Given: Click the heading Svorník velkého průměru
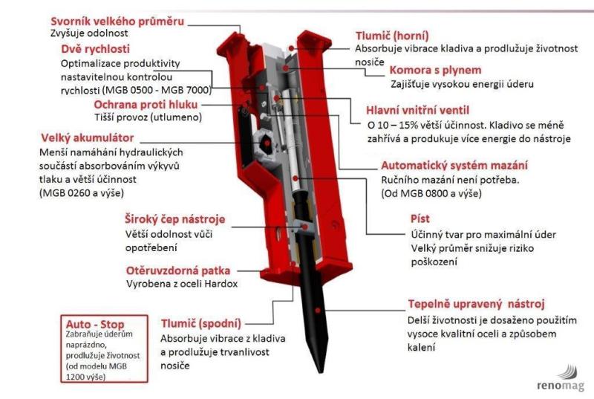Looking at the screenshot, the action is [x=117, y=22].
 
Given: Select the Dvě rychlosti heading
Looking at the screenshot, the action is [x=96, y=48].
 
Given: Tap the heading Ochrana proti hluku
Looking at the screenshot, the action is [x=146, y=104].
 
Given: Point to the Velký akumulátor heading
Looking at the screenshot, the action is [x=88, y=137].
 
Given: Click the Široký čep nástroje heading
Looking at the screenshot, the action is [x=175, y=219].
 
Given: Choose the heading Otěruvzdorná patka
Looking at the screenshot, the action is [x=178, y=270].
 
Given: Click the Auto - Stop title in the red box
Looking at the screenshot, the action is [x=95, y=325].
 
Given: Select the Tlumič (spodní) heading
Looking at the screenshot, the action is [x=201, y=324].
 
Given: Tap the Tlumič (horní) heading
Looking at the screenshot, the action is [x=392, y=36].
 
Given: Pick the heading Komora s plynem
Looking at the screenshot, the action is [x=436, y=70].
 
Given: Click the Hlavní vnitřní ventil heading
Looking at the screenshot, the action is [x=417, y=110].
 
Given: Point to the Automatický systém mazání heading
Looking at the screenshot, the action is [x=454, y=165].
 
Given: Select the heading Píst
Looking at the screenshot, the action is [x=420, y=218].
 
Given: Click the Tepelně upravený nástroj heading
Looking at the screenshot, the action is [x=476, y=304].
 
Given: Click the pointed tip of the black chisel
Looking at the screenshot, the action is [x=322, y=372].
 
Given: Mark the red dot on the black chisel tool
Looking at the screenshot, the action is [x=318, y=311].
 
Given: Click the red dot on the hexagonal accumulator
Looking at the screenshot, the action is [x=267, y=143].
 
